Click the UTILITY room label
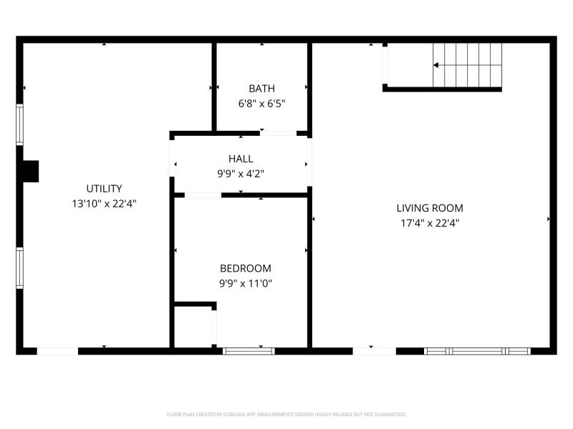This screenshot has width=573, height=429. [104, 189]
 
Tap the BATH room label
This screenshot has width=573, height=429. [261, 89]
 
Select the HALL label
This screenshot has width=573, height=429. [241, 159]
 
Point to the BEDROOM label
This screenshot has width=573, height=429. [246, 269]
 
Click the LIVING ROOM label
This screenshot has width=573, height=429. [430, 208]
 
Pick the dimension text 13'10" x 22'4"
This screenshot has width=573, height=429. [104, 204]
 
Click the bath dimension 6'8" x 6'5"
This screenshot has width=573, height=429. [261, 104]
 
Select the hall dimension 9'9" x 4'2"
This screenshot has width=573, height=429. [241, 174]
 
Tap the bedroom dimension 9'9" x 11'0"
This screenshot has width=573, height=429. [246, 283]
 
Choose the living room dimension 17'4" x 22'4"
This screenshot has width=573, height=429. [430, 223]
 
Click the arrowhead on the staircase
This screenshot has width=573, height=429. [435, 65]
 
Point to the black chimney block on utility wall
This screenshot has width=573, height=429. [31, 172]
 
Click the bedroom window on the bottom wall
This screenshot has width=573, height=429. [249, 351]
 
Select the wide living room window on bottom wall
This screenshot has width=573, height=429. [477, 351]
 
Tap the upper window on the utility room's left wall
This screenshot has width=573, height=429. [20, 124]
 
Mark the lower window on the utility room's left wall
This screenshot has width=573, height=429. [20, 268]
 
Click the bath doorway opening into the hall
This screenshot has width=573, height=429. [278, 134]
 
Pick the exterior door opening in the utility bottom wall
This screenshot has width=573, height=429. [57, 351]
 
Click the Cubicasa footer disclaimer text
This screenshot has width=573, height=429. [286, 415]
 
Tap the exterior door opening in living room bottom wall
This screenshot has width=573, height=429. [374, 351]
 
